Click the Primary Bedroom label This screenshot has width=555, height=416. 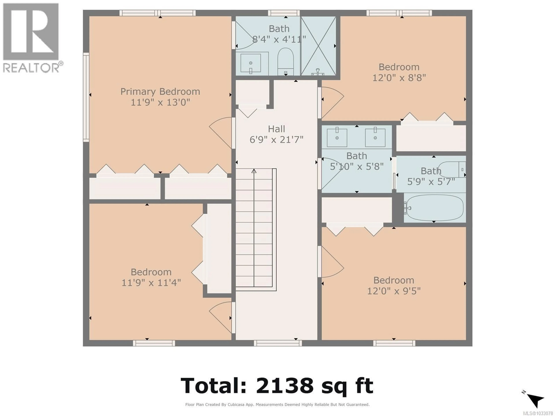click(x=160, y=92)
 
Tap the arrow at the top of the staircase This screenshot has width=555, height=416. click(x=254, y=171)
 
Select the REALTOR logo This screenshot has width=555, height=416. click(x=31, y=38)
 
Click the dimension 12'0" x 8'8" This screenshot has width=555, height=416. click(x=399, y=78)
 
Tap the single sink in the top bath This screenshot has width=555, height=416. click(x=251, y=63)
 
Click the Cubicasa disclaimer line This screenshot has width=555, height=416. click(x=277, y=404)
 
